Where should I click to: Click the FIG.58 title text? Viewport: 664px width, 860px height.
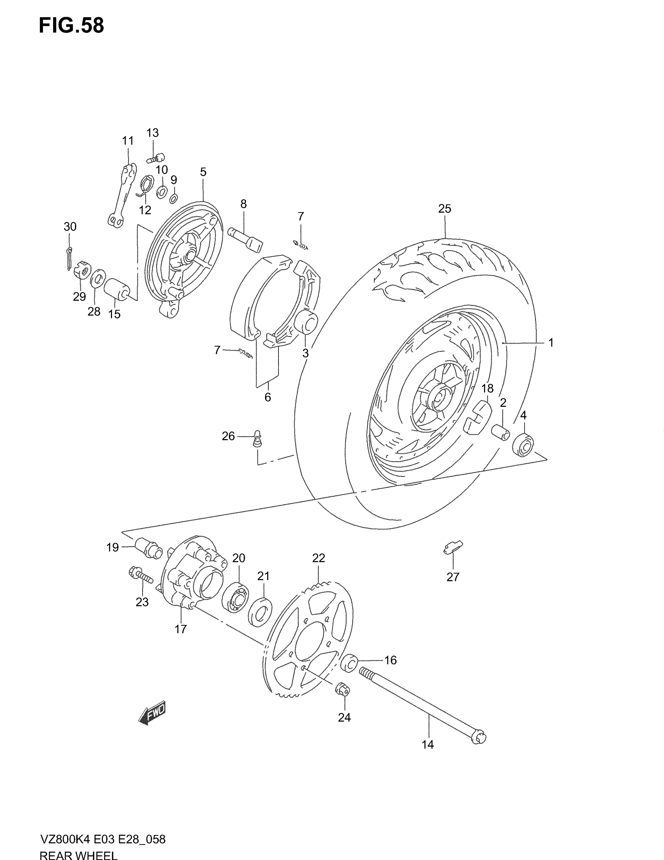pyautogui.click(x=71, y=26)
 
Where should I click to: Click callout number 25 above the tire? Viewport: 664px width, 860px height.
pyautogui.click(x=444, y=209)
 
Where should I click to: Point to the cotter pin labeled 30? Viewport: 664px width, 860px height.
pyautogui.click(x=69, y=256)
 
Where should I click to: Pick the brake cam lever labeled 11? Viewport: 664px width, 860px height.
pyautogui.click(x=122, y=196)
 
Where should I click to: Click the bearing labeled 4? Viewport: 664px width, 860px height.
pyautogui.click(x=523, y=444)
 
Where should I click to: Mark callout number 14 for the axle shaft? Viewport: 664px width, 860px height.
pyautogui.click(x=427, y=745)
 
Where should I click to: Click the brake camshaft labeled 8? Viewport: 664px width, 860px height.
pyautogui.click(x=246, y=239)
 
